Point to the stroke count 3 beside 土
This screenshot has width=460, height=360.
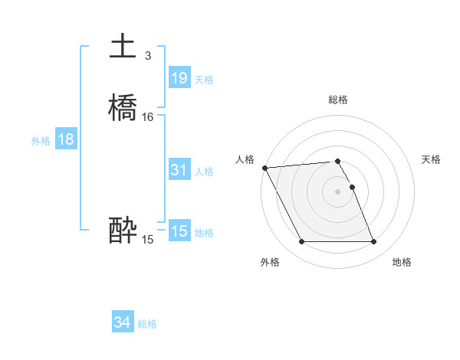(147, 56)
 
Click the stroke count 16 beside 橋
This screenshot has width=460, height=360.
(148, 117)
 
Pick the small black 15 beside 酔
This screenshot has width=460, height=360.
(148, 240)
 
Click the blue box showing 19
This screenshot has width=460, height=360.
(179, 78)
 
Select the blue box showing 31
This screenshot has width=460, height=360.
(179, 170)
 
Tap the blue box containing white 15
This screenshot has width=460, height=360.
(179, 231)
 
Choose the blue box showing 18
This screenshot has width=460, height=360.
(66, 139)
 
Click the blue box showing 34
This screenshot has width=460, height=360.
(122, 323)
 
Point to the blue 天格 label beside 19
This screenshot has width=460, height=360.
(204, 80)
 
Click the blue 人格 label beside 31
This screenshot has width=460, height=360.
(204, 172)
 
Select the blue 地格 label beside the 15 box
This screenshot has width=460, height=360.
(204, 233)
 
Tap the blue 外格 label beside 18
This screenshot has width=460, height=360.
(41, 141)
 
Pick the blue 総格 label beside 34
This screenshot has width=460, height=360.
(147, 325)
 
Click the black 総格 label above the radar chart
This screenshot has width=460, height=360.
(338, 100)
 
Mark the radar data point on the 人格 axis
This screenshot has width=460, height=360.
(264, 168)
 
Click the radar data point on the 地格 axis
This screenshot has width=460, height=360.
(374, 242)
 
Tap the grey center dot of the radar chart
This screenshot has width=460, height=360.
(338, 191)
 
